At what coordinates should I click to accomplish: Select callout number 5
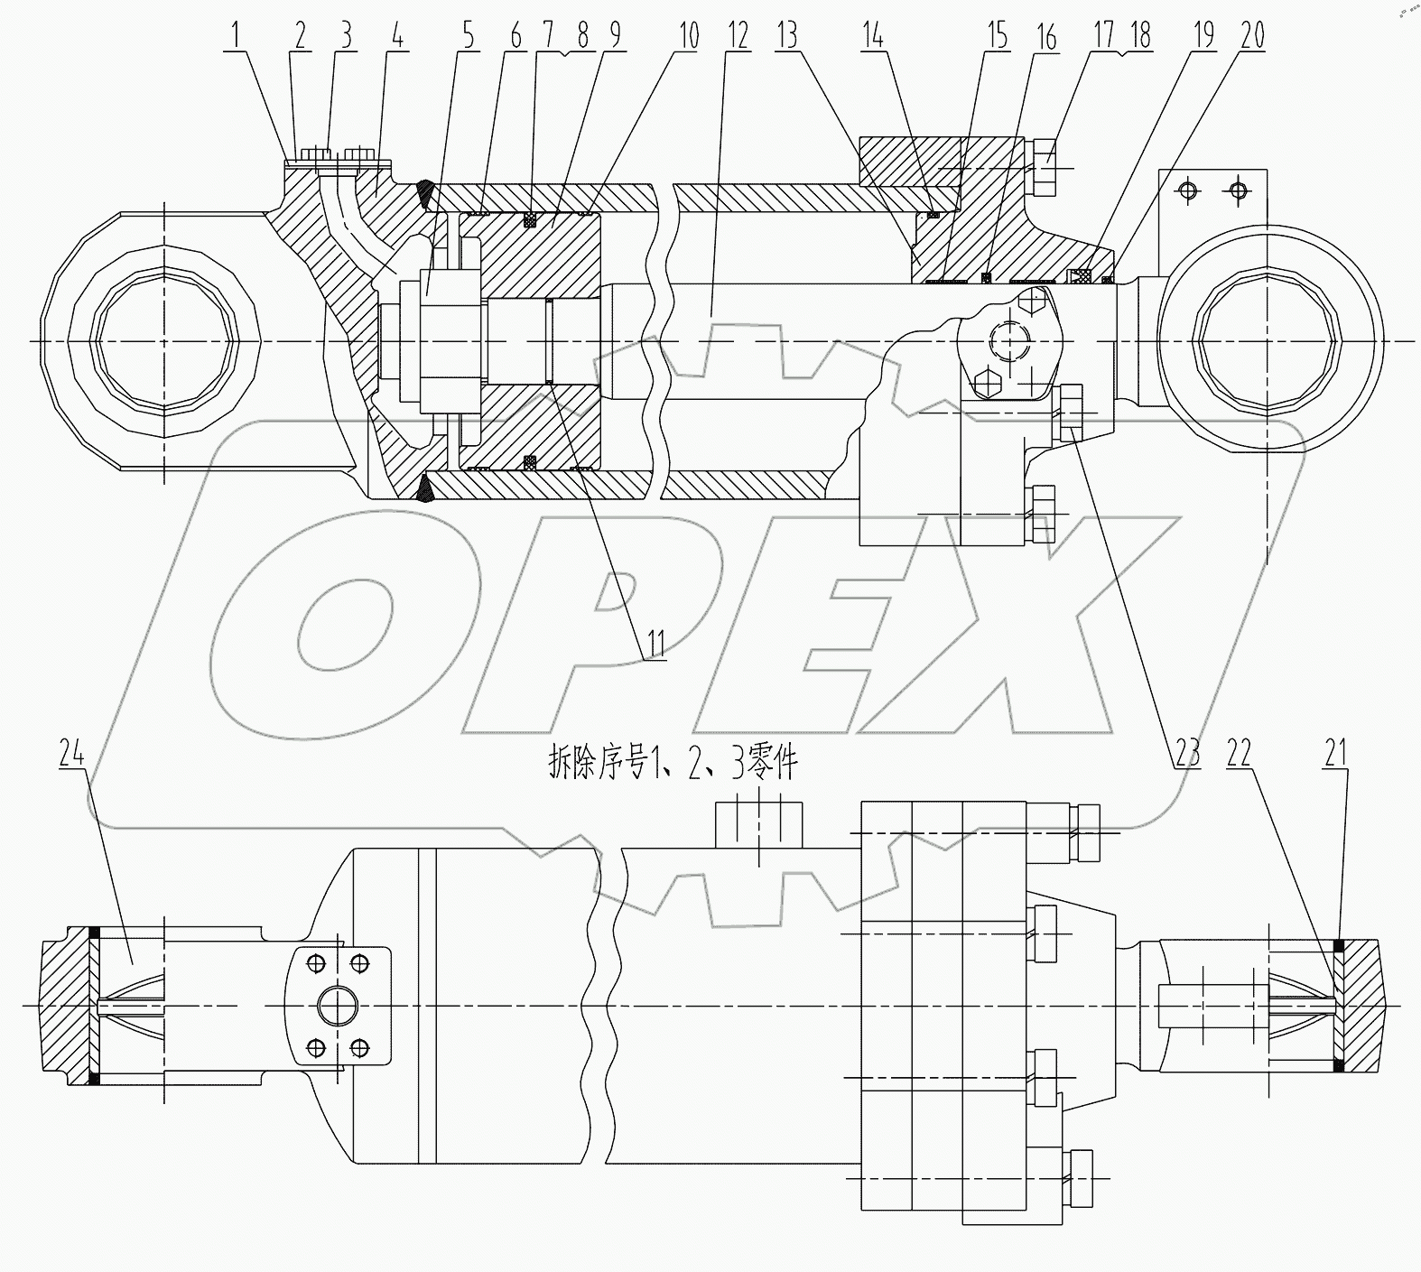click(x=468, y=36)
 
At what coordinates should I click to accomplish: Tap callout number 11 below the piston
click(x=655, y=644)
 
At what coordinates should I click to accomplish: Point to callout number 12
click(x=738, y=36)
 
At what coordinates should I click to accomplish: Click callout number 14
click(x=872, y=36)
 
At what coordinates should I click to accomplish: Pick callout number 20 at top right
click(x=1252, y=36)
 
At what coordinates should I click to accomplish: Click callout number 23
click(x=1187, y=752)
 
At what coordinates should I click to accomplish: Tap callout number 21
click(x=1335, y=752)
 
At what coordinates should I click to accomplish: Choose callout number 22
click(x=1239, y=752)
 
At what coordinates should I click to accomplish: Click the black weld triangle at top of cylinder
click(x=424, y=192)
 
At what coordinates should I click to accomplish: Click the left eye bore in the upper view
click(x=164, y=341)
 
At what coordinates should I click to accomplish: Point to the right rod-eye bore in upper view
click(x=1267, y=341)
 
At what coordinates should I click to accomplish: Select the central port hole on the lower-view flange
click(x=337, y=1005)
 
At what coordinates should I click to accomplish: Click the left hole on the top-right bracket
click(x=1189, y=190)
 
